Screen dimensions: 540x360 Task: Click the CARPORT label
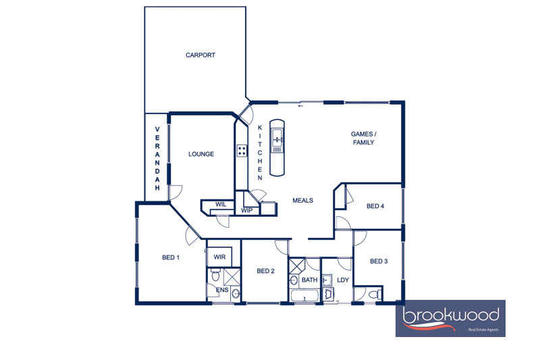pyautogui.click(x=200, y=55)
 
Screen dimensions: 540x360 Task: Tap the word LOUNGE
pyautogui.click(x=201, y=154)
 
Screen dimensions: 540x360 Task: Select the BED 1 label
pyautogui.click(x=171, y=257)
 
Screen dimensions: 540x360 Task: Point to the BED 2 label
pyautogui.click(x=265, y=271)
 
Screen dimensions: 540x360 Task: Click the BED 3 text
pyautogui.click(x=379, y=261)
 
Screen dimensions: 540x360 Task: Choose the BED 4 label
pyautogui.click(x=375, y=206)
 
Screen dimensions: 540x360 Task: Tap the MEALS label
pyautogui.click(x=302, y=200)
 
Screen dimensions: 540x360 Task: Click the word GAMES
pyautogui.click(x=362, y=134)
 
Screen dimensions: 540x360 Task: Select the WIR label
pyautogui.click(x=219, y=257)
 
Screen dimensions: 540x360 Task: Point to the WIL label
pyautogui.click(x=221, y=204)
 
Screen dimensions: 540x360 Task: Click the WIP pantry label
pyautogui.click(x=246, y=210)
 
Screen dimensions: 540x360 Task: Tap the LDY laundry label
pyautogui.click(x=343, y=280)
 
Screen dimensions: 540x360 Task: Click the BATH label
pyautogui.click(x=310, y=280)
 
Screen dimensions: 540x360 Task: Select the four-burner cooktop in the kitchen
pyautogui.click(x=242, y=151)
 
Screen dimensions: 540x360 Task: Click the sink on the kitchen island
pyautogui.click(x=277, y=138)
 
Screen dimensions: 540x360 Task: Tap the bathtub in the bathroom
pyautogui.click(x=304, y=296)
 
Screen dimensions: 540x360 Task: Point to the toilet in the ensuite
pyautogui.click(x=215, y=275)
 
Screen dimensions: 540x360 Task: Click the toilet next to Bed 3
pyautogui.click(x=375, y=295)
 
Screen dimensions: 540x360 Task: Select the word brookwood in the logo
pyautogui.click(x=451, y=316)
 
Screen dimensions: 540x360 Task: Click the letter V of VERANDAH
pyautogui.click(x=157, y=129)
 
